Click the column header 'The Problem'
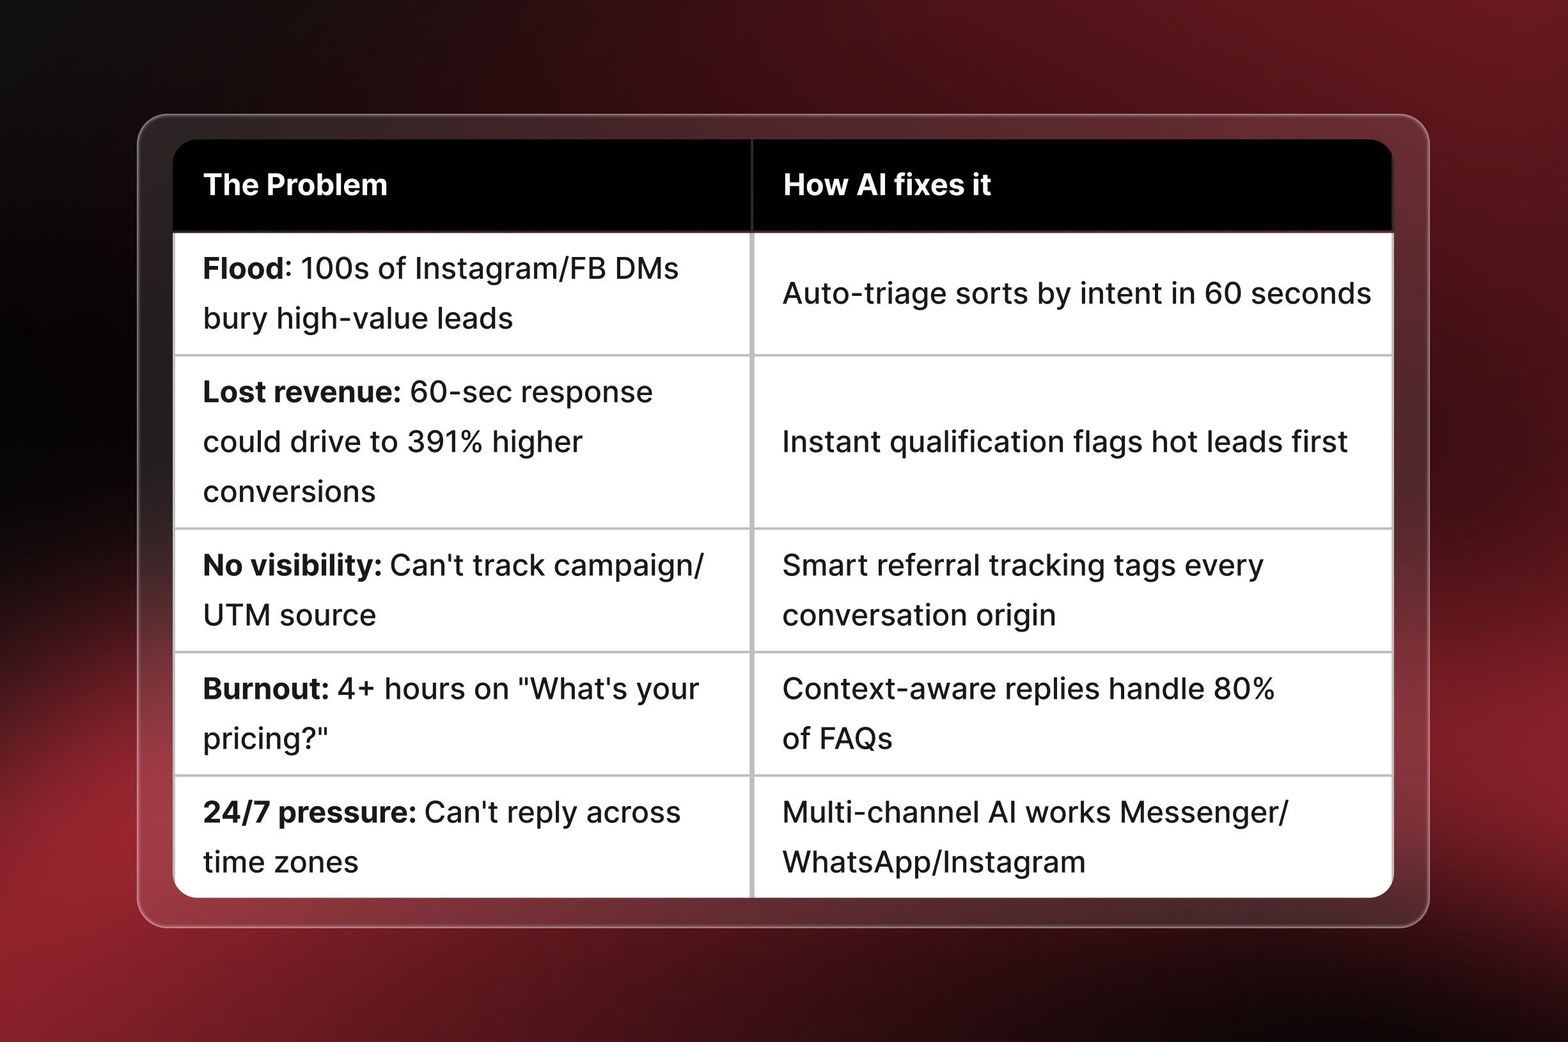tap(295, 185)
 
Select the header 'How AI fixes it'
tap(887, 185)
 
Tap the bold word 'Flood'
tap(244, 269)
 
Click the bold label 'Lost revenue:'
tap(302, 392)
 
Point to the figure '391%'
tap(444, 442)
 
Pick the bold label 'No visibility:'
tap(292, 566)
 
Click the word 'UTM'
tap(237, 616)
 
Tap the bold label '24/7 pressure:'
tap(309, 813)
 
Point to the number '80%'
tap(1244, 689)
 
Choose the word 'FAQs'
tap(856, 739)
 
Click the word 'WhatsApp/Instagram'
tap(933, 862)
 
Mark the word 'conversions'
tap(289, 492)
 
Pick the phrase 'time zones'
tap(281, 862)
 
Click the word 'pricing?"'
tap(265, 739)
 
